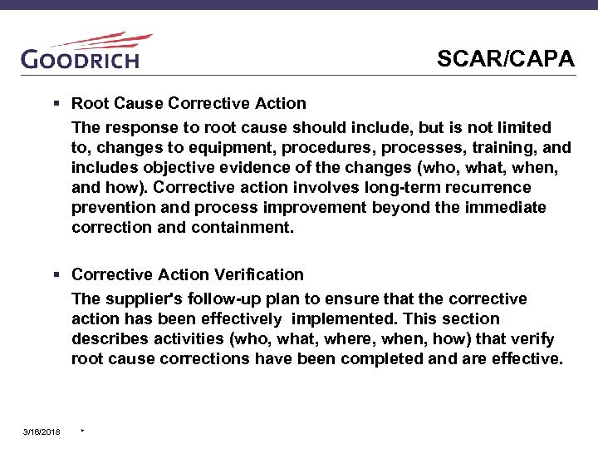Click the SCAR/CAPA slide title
505,59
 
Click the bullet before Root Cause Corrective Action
57,104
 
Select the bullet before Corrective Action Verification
57,274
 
